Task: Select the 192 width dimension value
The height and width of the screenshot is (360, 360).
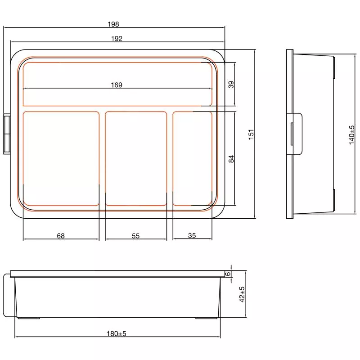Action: point(117,39)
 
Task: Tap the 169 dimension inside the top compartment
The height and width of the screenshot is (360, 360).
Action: point(117,85)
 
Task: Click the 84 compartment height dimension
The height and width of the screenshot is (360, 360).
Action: point(231,159)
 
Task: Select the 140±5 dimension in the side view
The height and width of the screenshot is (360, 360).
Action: point(351,135)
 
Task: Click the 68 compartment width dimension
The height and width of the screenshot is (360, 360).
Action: point(61,235)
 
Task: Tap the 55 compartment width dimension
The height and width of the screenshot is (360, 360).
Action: point(136,235)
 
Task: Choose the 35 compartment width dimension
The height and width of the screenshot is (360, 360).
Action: point(192,235)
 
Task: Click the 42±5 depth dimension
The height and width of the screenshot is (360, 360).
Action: point(242,294)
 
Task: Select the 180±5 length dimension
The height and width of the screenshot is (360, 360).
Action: point(117,333)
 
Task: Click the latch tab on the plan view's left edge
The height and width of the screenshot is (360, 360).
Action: point(7,134)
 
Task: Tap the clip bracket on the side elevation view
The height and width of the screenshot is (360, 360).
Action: point(296,134)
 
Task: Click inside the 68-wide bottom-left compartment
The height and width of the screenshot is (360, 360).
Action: point(61,157)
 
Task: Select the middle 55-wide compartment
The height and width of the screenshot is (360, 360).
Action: point(136,157)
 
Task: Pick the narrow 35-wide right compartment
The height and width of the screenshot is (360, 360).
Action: point(193,157)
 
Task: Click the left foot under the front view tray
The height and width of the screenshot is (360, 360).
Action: point(28,318)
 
